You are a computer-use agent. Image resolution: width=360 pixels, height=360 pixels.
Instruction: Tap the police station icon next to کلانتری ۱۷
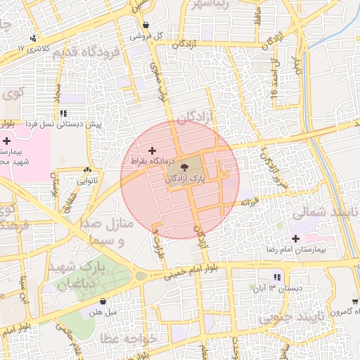[x=33, y=38]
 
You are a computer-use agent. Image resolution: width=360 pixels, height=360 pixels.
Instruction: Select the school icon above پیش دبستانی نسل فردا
[x=63, y=113]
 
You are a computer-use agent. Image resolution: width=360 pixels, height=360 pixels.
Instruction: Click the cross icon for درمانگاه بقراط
[x=152, y=150]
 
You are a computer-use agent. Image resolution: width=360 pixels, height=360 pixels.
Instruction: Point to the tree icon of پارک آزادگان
[x=184, y=167]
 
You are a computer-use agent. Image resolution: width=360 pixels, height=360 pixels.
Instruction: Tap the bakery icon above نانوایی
[x=88, y=169]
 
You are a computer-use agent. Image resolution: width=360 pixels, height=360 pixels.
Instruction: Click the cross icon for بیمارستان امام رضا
[x=296, y=239]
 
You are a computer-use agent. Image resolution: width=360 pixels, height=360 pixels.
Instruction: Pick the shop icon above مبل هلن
[x=103, y=302]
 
